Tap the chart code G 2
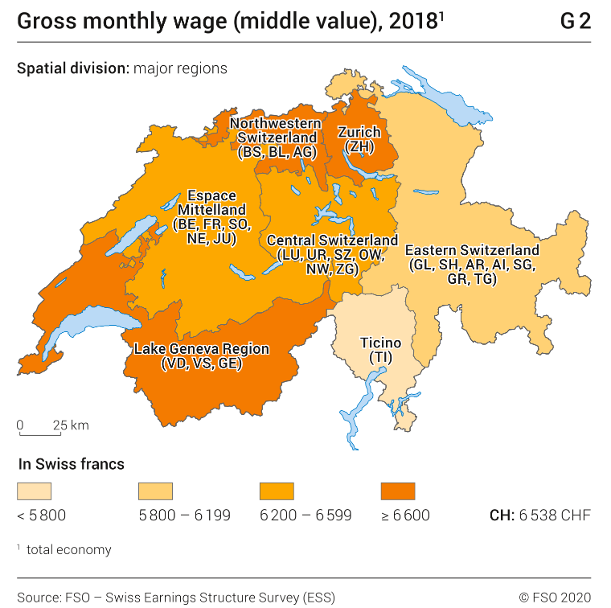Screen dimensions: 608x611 pos(575,21)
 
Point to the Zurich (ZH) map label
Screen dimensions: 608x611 pos(359,139)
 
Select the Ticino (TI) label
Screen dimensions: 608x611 pos(380,350)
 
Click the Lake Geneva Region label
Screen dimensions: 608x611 pos(201,356)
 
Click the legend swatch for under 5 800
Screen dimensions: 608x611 pos(34,491)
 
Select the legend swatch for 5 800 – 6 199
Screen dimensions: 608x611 pos(155,491)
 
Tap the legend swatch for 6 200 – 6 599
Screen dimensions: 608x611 pos(277,491)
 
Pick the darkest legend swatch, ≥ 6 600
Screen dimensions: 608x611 pos(397,491)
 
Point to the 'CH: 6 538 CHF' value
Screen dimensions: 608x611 pos(539,516)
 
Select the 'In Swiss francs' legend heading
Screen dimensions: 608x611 pos(70,464)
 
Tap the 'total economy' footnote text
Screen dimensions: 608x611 pos(68,550)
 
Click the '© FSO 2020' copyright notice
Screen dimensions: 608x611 pos(555,597)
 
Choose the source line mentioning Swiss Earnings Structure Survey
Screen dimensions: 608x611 pos(176,597)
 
